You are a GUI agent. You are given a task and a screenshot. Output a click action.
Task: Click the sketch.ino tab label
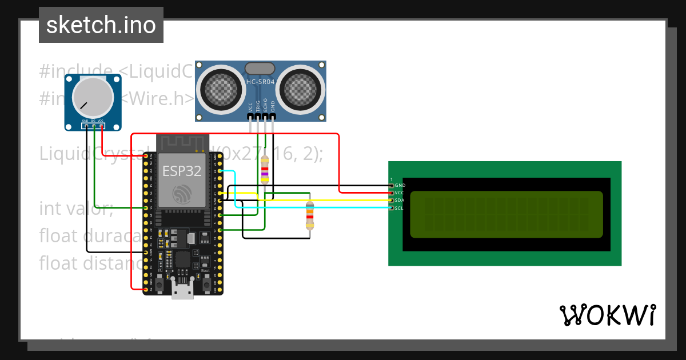click(101, 25)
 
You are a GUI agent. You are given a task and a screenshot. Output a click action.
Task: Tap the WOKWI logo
click(607, 315)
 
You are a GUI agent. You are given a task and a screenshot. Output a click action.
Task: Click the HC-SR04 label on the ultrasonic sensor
click(261, 82)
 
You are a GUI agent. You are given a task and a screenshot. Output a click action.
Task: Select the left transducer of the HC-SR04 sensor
click(220, 88)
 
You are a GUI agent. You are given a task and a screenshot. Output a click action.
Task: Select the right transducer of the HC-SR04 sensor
click(302, 88)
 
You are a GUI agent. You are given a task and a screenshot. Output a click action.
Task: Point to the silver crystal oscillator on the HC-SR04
click(261, 69)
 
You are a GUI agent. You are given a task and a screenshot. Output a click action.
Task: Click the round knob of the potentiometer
click(93, 98)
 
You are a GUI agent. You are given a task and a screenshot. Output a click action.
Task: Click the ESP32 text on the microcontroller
click(181, 171)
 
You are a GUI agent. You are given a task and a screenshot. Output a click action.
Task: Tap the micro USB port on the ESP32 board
click(182, 292)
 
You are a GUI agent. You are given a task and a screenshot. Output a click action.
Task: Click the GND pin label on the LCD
click(400, 186)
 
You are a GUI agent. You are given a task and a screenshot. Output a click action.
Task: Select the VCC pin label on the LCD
click(400, 193)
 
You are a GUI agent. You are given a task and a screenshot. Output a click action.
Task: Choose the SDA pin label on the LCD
click(400, 201)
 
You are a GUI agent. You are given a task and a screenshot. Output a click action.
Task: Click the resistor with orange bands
click(310, 215)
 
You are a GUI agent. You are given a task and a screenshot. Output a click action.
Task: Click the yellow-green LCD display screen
click(506, 214)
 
